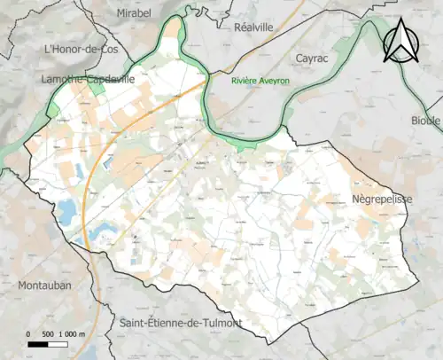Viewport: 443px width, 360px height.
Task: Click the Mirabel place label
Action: click(134, 14)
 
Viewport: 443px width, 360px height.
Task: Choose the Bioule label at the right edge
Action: click(425, 120)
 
